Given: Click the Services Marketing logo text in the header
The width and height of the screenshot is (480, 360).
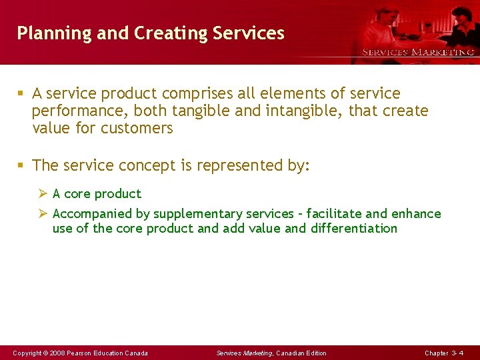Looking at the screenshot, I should click(x=418, y=52).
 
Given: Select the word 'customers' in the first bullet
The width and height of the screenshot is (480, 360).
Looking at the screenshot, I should click(x=137, y=128).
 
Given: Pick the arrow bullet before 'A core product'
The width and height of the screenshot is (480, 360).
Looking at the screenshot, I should click(x=43, y=194).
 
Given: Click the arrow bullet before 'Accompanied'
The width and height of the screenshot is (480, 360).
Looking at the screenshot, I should click(x=43, y=214).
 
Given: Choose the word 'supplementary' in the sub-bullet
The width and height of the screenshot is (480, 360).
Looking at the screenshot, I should click(x=197, y=214).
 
